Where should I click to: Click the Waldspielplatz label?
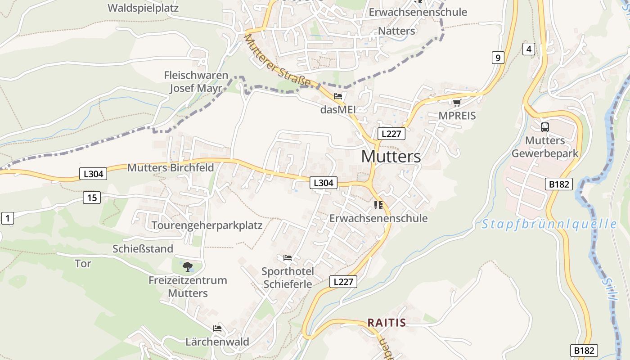[143, 8]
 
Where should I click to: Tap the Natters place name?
[396, 31]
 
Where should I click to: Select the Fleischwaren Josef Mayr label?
[196, 81]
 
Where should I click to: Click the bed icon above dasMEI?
[338, 96]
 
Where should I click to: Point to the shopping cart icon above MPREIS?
[457, 103]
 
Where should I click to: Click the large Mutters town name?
[391, 157]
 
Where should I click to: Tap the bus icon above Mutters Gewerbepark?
[544, 127]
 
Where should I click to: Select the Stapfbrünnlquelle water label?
[549, 224]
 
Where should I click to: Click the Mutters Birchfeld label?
[171, 168]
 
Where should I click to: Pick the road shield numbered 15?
[92, 197]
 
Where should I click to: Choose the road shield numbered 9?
[497, 57]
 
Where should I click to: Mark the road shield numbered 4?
[528, 49]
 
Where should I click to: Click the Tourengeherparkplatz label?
[207, 225]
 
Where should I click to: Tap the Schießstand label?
[143, 249]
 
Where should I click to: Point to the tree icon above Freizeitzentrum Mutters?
[188, 267]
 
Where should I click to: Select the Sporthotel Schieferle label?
[288, 278]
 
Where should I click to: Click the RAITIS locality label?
[387, 323]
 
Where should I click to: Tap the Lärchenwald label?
[217, 342]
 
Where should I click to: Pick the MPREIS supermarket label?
[457, 116]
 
